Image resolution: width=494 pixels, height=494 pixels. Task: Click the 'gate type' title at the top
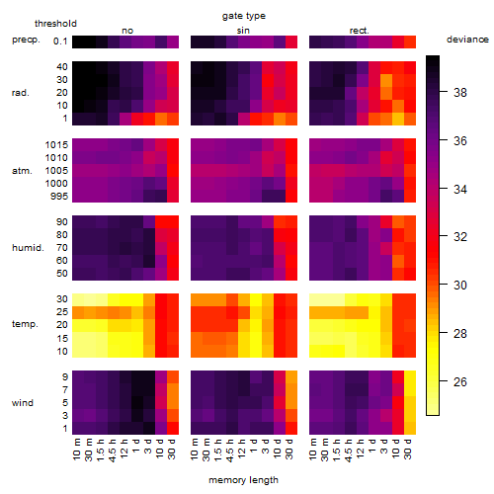pyautogui.click(x=244, y=16)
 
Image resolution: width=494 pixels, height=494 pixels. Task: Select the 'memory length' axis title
pyautogui.click(x=244, y=480)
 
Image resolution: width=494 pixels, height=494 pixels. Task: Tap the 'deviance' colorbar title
pyautogui.click(x=467, y=40)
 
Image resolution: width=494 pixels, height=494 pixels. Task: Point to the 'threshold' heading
pyautogui.click(x=55, y=24)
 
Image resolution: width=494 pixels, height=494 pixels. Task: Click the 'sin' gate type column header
pyautogui.click(x=243, y=31)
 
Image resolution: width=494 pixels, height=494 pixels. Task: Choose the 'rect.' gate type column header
pyautogui.click(x=360, y=31)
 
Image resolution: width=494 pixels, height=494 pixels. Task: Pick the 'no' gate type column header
pyautogui.click(x=127, y=31)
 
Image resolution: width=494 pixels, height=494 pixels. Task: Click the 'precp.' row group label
pyautogui.click(x=26, y=41)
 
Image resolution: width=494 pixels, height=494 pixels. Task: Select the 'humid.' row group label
pyautogui.click(x=28, y=248)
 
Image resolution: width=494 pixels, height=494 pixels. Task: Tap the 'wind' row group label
pyautogui.click(x=23, y=403)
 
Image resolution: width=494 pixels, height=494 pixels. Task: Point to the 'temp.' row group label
pyautogui.click(x=25, y=324)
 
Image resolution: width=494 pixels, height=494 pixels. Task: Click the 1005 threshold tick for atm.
pyautogui.click(x=56, y=171)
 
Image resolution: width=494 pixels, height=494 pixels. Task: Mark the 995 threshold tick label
pyautogui.click(x=59, y=197)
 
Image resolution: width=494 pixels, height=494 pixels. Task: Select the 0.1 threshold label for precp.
pyautogui.click(x=60, y=41)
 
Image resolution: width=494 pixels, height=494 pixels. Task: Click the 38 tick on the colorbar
pyautogui.click(x=460, y=93)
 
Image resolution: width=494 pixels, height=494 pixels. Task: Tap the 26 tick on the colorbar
pyautogui.click(x=460, y=382)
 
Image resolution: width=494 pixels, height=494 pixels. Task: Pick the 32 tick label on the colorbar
pyautogui.click(x=460, y=237)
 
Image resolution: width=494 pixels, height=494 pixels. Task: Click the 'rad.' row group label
pyautogui.click(x=21, y=93)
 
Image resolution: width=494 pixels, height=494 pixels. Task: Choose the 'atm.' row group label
pyautogui.click(x=22, y=171)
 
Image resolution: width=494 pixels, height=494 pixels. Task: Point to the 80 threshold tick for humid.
pyautogui.click(x=62, y=235)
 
